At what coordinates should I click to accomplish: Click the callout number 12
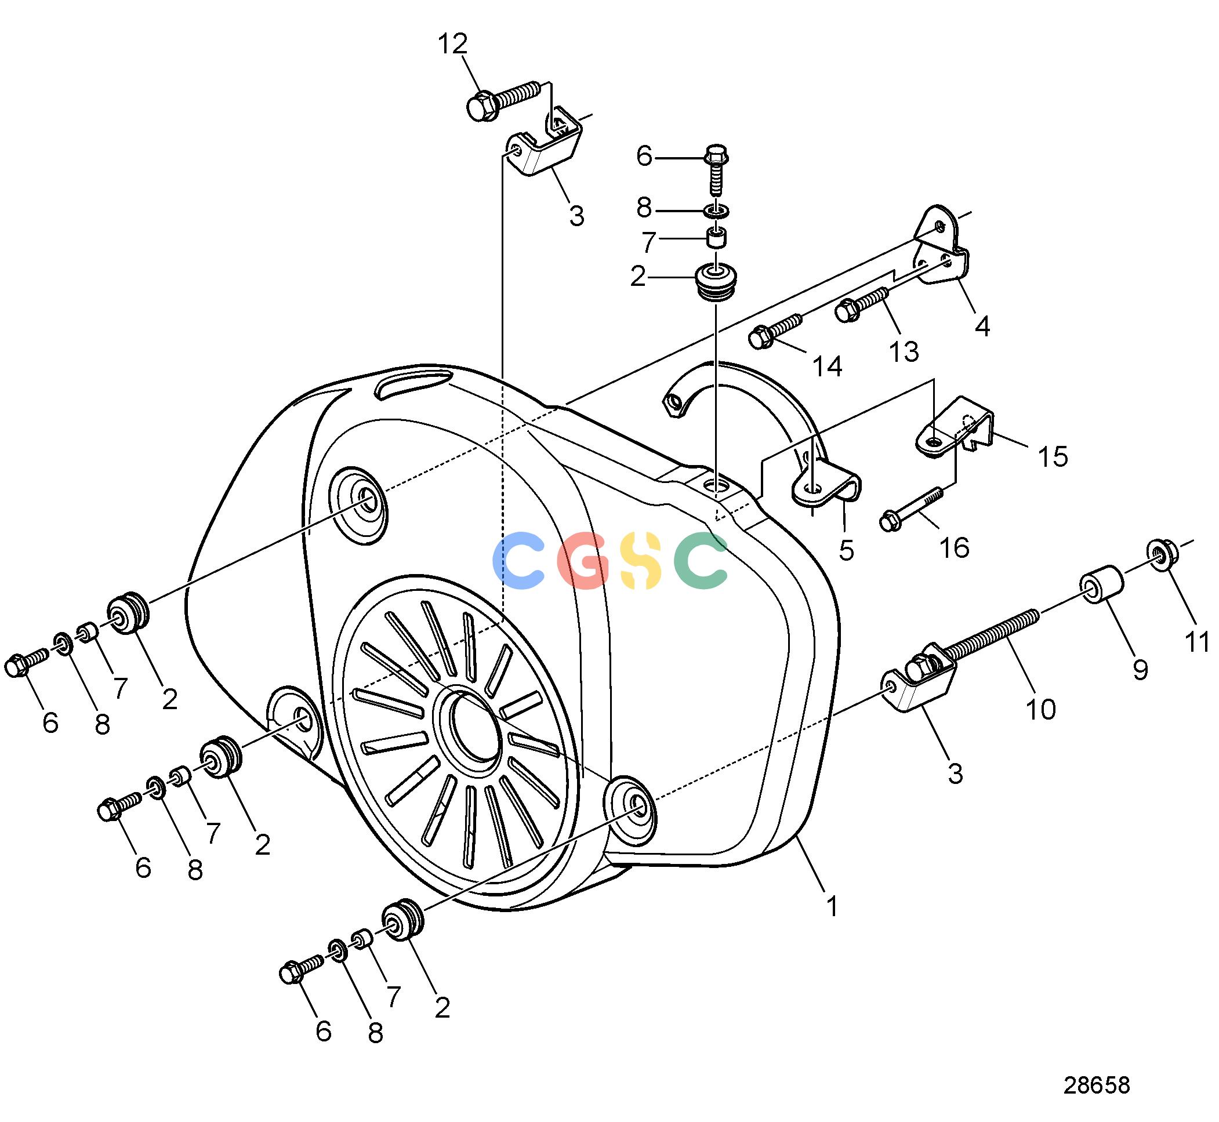[x=453, y=43]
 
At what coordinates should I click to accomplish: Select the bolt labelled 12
[x=503, y=101]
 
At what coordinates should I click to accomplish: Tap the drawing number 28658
[x=1097, y=1085]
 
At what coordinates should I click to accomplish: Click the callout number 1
[x=832, y=907]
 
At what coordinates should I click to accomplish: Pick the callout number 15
[x=1053, y=457]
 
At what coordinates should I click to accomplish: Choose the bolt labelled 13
[x=861, y=304]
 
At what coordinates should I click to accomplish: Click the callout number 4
[x=982, y=326]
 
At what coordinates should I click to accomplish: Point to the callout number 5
[x=846, y=551]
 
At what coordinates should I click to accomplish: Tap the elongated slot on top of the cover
[x=412, y=384]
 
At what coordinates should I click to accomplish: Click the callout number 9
[x=1141, y=670]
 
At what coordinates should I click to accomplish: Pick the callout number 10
[x=1040, y=709]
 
